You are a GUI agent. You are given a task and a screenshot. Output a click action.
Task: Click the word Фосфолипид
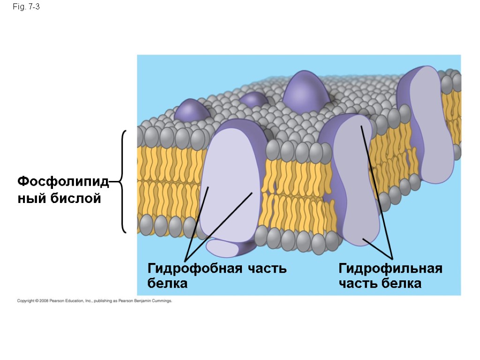click(63, 181)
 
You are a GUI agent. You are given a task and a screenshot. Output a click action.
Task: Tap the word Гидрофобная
click(195, 269)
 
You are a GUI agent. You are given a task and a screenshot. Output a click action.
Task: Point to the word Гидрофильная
click(390, 269)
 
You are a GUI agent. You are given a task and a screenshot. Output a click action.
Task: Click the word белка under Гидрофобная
click(167, 283)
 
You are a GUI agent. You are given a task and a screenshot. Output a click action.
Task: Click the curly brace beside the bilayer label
click(123, 181)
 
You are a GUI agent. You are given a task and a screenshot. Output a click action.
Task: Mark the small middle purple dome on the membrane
click(254, 100)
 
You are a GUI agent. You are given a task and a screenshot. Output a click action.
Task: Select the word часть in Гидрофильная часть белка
click(358, 283)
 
